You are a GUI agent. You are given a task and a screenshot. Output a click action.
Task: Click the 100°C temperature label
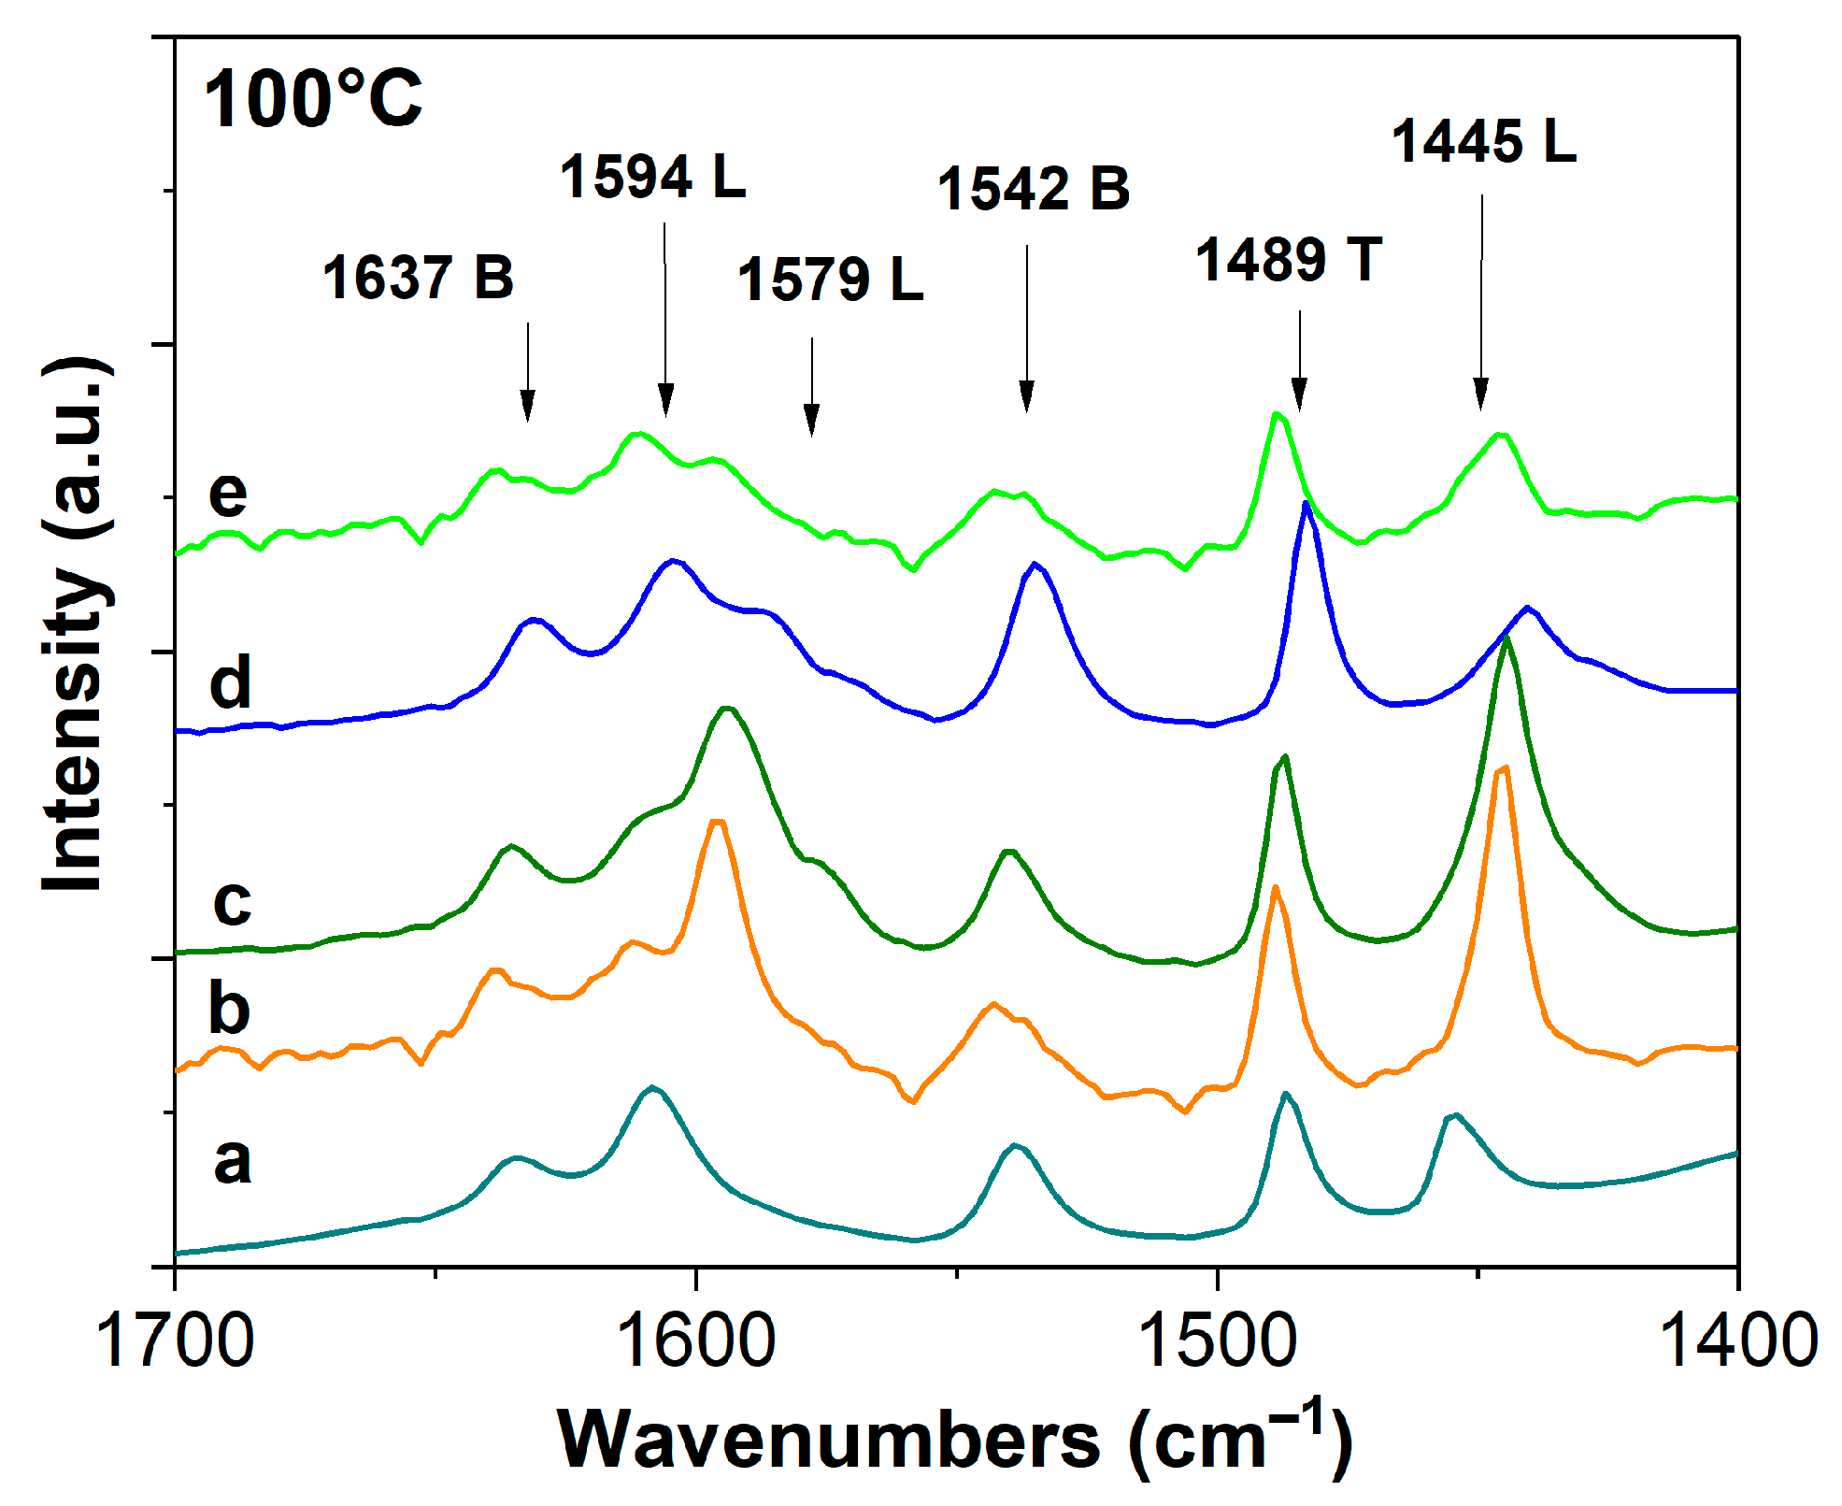pos(312,99)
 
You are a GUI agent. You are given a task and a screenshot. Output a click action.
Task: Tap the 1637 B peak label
pos(418,278)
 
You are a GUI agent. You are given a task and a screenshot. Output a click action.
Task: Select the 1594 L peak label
pos(652,177)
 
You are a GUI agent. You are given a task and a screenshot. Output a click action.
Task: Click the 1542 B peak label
pos(1033,188)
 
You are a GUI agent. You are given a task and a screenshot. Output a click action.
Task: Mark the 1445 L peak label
pos(1484,142)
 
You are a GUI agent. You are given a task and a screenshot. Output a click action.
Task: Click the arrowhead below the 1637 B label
pos(528,407)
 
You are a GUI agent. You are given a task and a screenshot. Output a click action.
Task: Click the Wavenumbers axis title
pos(953,1441)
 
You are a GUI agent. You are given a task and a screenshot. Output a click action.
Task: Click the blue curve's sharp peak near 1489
pos(1307,505)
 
